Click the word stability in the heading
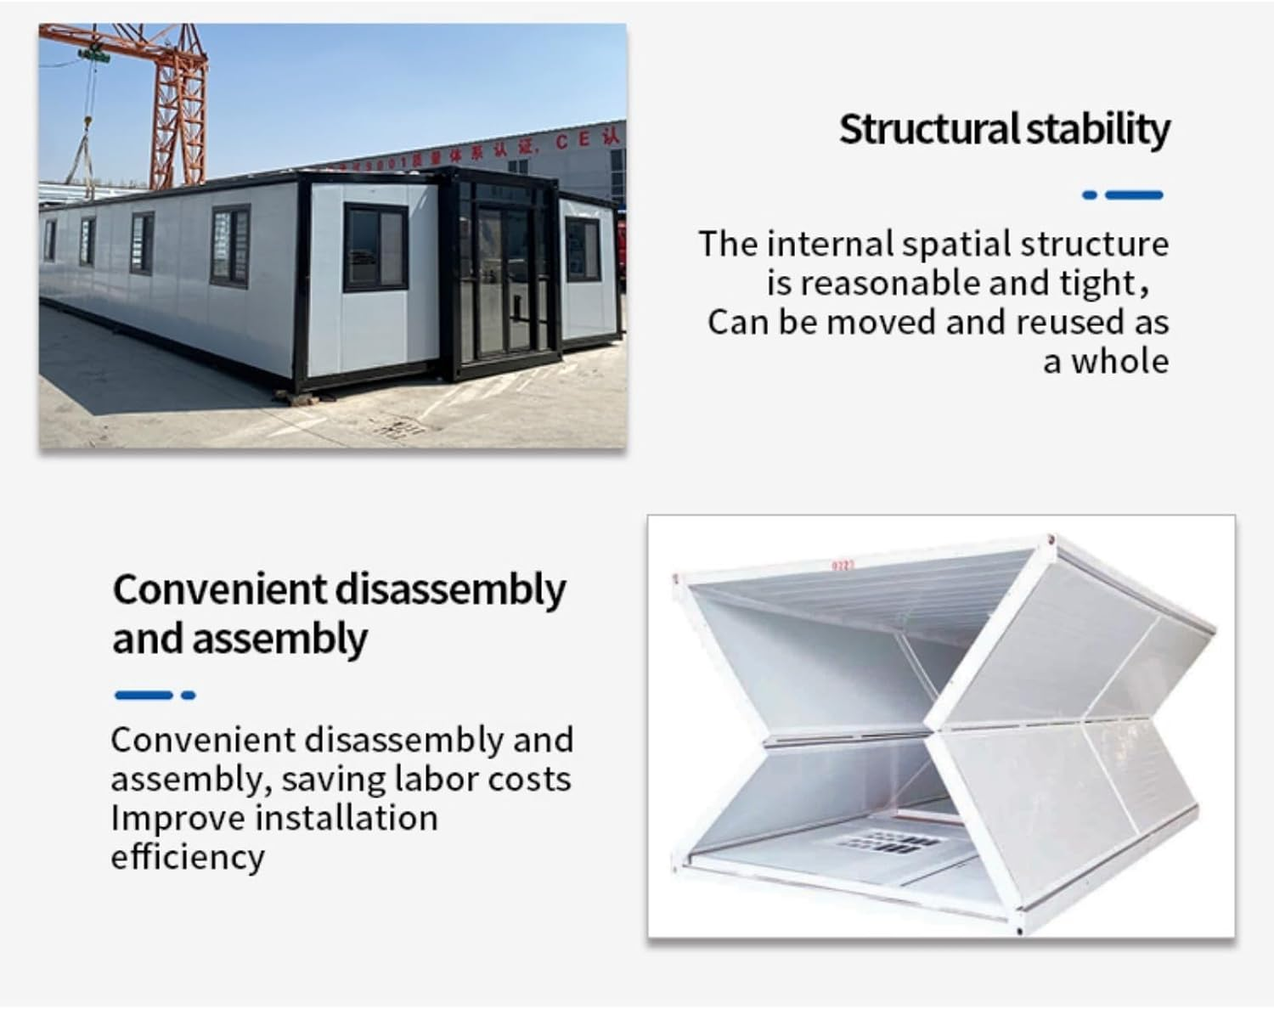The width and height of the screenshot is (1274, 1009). coord(1098,130)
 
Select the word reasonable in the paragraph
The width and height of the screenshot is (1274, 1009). coord(892,283)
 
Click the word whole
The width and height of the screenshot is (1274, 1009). coord(1120,361)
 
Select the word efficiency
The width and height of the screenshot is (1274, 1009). coord(188,858)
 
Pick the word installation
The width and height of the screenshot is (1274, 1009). coord(347,818)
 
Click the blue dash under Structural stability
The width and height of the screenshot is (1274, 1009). coord(1134,194)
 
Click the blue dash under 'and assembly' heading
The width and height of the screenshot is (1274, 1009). coord(144,695)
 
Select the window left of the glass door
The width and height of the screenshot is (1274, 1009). coord(376,248)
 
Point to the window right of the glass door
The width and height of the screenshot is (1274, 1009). coord(583,250)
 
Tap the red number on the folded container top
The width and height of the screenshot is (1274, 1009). coord(843,567)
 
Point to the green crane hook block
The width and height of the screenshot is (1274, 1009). coord(94,55)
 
